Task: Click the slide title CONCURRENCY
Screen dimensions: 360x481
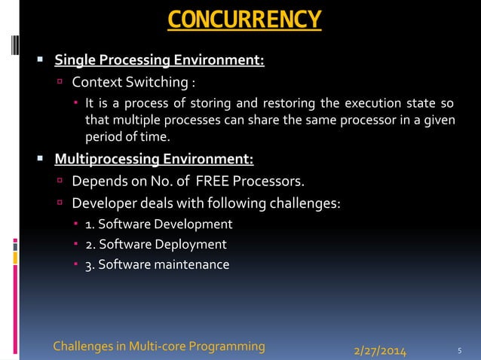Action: tap(244, 20)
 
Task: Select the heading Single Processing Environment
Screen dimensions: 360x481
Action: tap(159, 60)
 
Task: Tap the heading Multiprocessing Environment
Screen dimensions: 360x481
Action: tap(154, 159)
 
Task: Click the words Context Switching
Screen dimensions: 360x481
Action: tap(129, 81)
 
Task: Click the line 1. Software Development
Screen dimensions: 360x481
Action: tap(158, 224)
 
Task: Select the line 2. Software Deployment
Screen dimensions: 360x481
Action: tap(155, 244)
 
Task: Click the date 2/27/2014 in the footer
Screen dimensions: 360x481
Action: tap(380, 350)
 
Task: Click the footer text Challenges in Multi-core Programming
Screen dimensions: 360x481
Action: tap(159, 346)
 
